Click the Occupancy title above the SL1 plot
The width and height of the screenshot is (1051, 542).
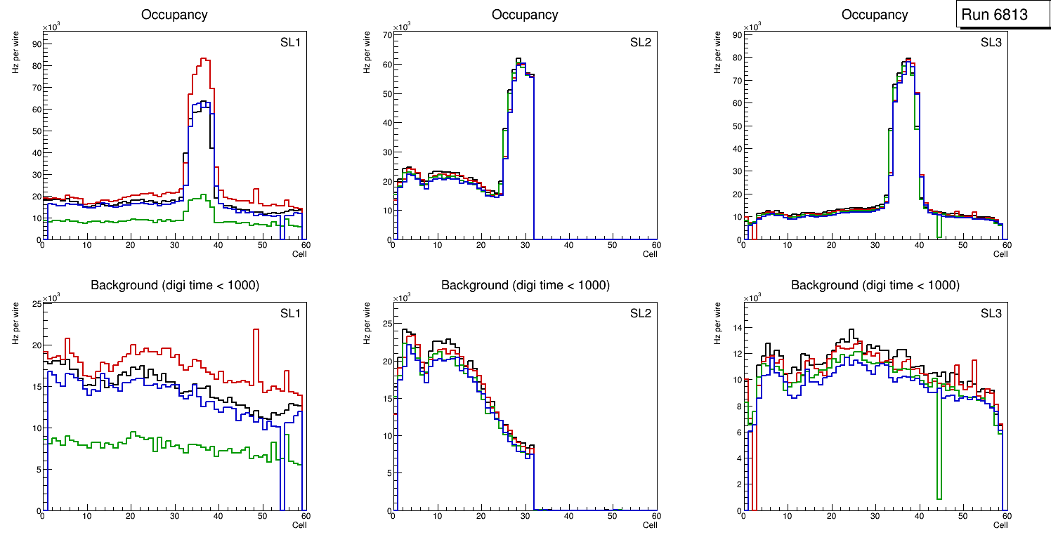tap(174, 14)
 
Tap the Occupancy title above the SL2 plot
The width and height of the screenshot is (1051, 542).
tap(525, 14)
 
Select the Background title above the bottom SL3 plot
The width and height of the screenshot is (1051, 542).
tap(875, 285)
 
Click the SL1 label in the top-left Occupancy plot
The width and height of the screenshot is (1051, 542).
tap(290, 43)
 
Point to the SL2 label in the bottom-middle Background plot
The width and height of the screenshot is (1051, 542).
tap(641, 313)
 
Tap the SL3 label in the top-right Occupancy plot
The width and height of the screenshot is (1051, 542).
tap(991, 43)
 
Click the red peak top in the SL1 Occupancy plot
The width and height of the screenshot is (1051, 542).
tap(203, 59)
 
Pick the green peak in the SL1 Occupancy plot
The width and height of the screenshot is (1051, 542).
tap(203, 195)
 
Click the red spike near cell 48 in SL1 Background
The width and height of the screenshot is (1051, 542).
tap(256, 330)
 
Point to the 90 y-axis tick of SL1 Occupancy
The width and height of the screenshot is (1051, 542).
tap(36, 44)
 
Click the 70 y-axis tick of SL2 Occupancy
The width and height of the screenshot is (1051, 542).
tap(386, 34)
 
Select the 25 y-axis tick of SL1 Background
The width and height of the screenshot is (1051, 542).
tap(36, 303)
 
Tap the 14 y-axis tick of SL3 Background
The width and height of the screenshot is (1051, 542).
tap(736, 328)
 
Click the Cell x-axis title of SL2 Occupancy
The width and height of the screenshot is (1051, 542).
tap(649, 254)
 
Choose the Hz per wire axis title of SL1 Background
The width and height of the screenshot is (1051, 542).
tap(15, 322)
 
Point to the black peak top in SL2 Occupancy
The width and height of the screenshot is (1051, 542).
tap(518, 59)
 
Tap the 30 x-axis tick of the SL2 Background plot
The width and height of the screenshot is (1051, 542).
tap(525, 516)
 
